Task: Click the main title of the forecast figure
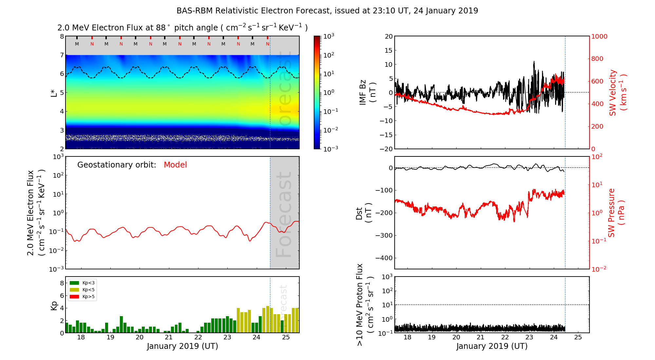(327, 11)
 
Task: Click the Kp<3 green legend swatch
(74, 283)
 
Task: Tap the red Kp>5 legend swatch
(74, 297)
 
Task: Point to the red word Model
(175, 165)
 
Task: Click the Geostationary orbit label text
(117, 165)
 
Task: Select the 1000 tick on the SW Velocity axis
(599, 36)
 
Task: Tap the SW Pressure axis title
(616, 213)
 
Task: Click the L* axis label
(54, 92)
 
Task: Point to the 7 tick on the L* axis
(62, 55)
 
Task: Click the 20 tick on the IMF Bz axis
(388, 36)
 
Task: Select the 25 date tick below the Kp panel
(286, 337)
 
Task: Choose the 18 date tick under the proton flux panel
(407, 337)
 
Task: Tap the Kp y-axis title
(54, 306)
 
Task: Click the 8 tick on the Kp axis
(62, 283)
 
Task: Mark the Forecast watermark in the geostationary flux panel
(284, 214)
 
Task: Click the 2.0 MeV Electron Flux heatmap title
(182, 28)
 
